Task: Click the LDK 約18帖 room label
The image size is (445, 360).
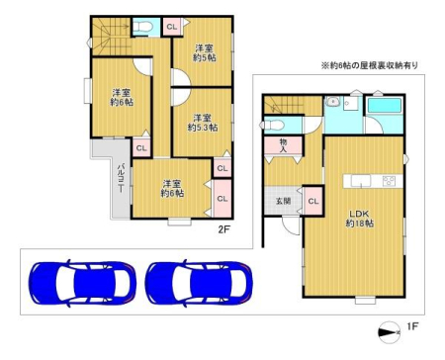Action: click(359, 219)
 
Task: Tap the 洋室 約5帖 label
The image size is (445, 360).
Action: click(205, 53)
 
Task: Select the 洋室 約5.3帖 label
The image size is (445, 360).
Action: click(203, 123)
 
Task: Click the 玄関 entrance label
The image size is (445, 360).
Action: click(283, 201)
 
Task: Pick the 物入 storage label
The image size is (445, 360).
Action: click(283, 145)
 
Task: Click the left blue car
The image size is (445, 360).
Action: click(82, 284)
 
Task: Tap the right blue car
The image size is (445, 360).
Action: click(199, 284)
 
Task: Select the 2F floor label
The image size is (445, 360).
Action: click(223, 229)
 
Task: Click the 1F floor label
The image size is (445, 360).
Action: click(412, 326)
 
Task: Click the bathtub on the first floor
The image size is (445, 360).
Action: click(385, 106)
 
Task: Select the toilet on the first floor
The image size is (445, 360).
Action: click(273, 126)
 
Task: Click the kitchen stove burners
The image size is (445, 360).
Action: click(389, 181)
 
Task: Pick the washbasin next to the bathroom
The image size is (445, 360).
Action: click(332, 102)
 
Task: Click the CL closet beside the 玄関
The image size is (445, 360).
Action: click(313, 201)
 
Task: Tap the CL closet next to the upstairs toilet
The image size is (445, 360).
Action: click(172, 27)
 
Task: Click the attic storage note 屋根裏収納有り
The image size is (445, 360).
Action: click(370, 65)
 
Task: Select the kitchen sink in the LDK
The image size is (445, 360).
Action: click(361, 181)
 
